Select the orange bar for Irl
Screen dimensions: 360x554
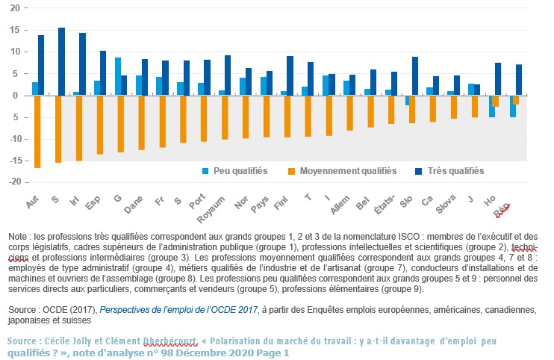point(78,128)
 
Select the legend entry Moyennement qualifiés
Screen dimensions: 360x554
point(343,171)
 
